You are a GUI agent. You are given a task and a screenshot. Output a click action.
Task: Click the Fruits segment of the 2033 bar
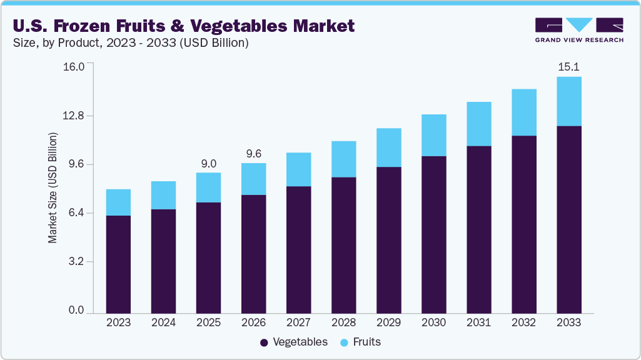pos(568,101)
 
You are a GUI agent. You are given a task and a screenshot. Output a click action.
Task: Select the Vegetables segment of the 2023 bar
pos(118,264)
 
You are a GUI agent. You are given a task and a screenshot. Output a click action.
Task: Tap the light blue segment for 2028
pos(343,159)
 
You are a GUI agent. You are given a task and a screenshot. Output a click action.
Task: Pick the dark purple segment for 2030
pos(433,234)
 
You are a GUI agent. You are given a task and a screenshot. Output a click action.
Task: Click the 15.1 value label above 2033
pos(568,67)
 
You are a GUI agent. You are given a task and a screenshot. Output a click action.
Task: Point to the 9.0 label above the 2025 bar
pos(208,164)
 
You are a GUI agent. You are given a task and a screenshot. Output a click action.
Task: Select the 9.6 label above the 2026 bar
pos(253,154)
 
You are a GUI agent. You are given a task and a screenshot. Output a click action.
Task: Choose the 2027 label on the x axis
pos(298,322)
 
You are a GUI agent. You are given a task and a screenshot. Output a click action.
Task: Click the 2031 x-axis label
pos(478,322)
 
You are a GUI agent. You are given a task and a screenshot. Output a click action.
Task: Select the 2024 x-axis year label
pos(163,322)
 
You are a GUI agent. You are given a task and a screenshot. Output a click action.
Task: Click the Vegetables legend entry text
pos(300,342)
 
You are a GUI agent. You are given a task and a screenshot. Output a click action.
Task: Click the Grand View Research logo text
pos(579,39)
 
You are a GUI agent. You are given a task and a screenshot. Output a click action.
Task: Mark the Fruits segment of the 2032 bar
pos(523,112)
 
